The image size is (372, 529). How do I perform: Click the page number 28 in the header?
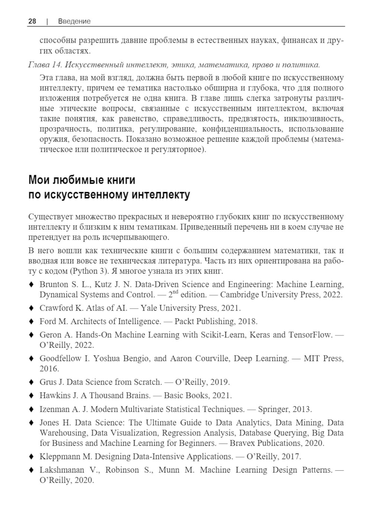(x=32, y=21)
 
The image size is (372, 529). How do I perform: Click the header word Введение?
(x=74, y=21)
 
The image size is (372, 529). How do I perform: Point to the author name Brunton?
(x=54, y=285)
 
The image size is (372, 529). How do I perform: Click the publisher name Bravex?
(x=242, y=443)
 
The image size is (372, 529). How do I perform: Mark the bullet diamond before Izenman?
(x=31, y=409)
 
